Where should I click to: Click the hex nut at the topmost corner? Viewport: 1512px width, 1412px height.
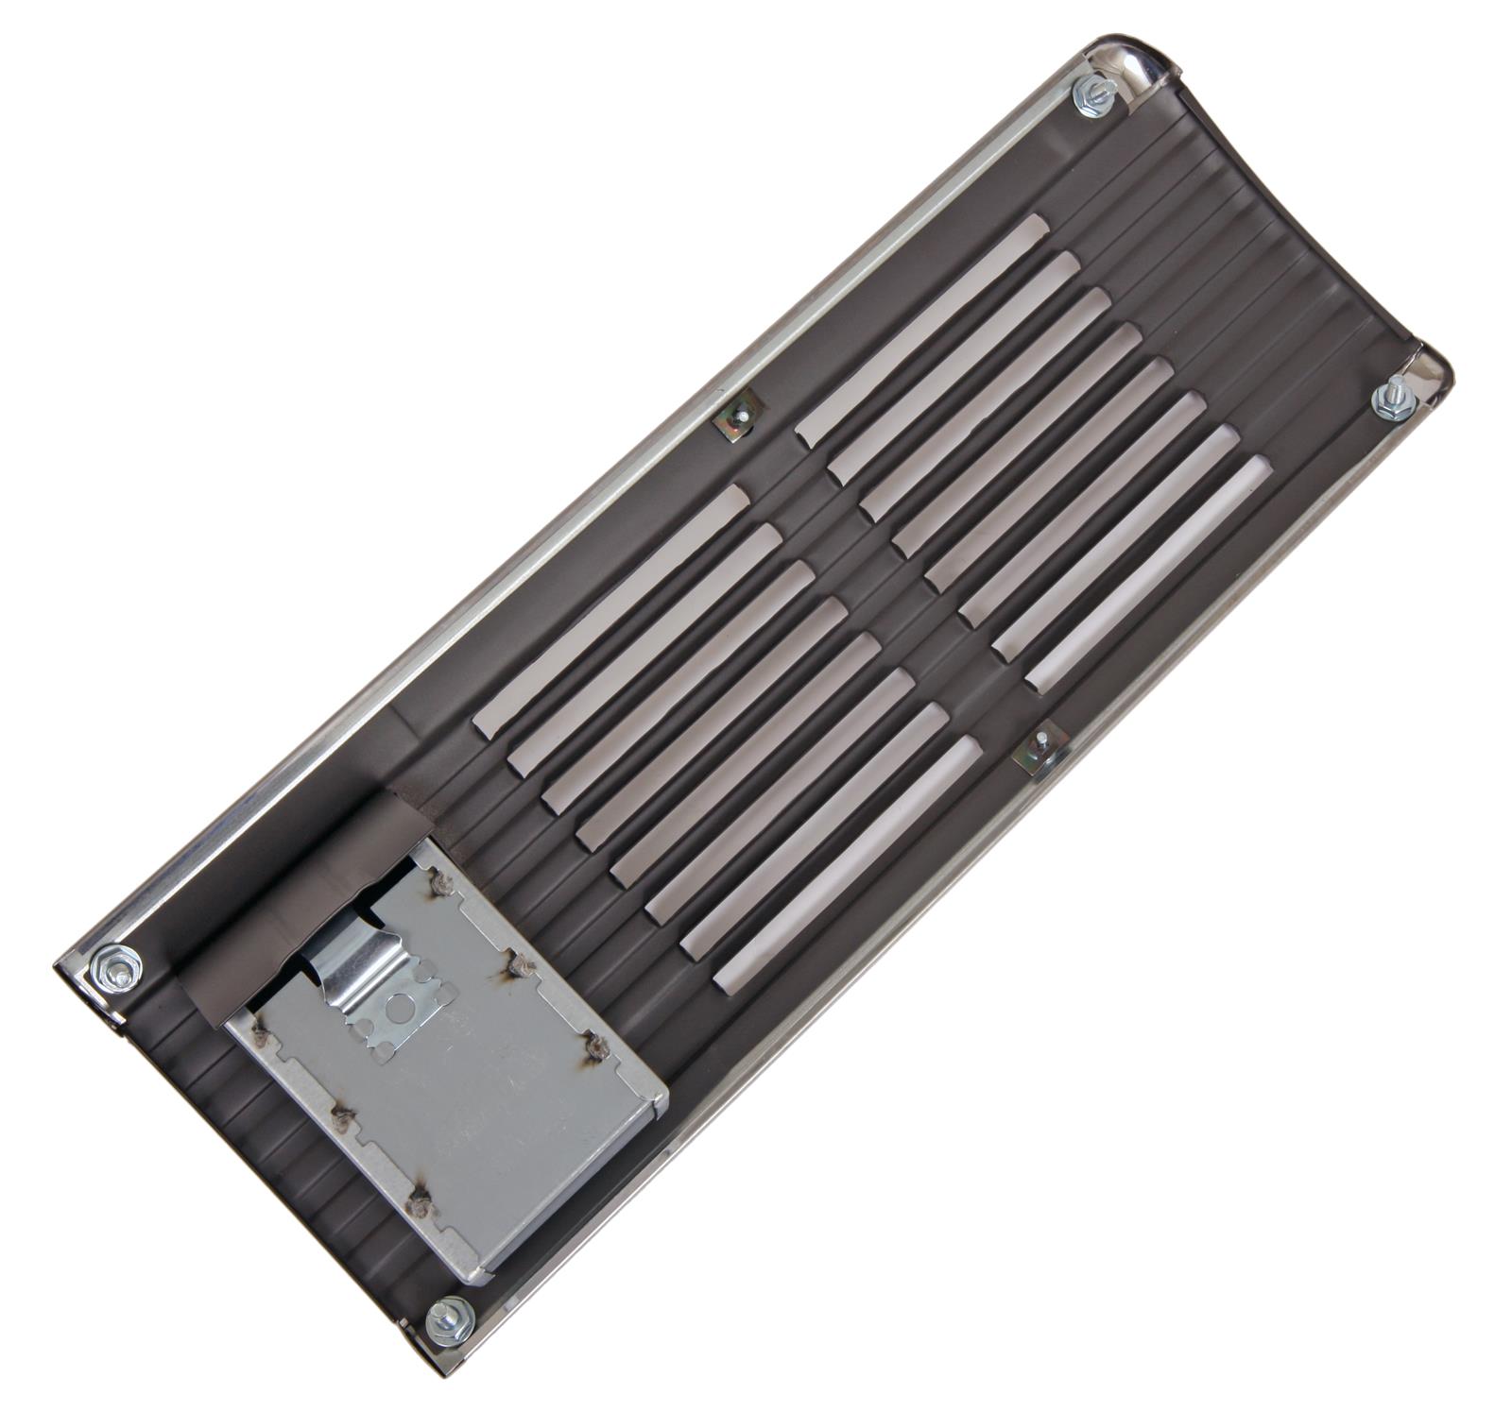coord(1094,95)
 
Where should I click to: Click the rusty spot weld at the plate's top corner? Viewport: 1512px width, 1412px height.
coord(440,882)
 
